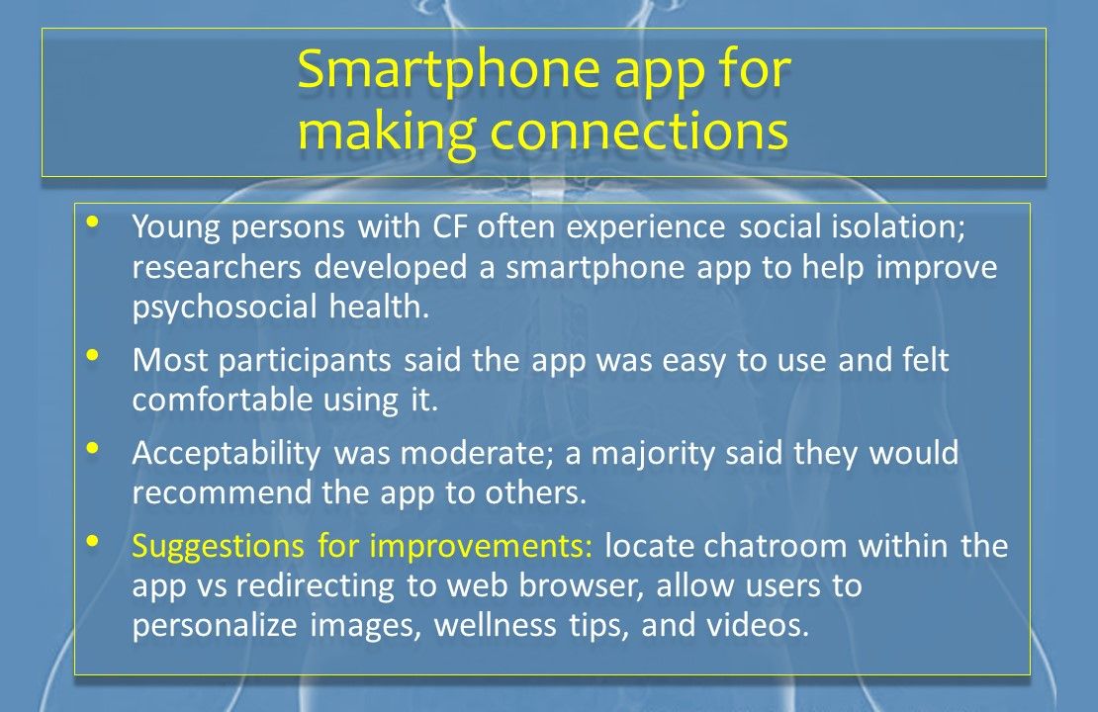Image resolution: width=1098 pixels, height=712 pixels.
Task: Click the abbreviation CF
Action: pos(449,226)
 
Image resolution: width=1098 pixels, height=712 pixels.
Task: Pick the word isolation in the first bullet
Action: pos(898,226)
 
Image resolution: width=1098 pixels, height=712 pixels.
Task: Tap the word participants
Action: pos(305,361)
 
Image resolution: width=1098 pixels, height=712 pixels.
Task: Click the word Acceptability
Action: pos(227,454)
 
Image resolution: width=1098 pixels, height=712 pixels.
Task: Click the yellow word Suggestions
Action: pos(219,547)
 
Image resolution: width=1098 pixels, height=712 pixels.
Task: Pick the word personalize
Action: pos(215,626)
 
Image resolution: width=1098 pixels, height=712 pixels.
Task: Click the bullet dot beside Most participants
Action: pos(92,355)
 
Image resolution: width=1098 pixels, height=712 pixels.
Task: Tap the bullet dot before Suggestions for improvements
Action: pos(92,541)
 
